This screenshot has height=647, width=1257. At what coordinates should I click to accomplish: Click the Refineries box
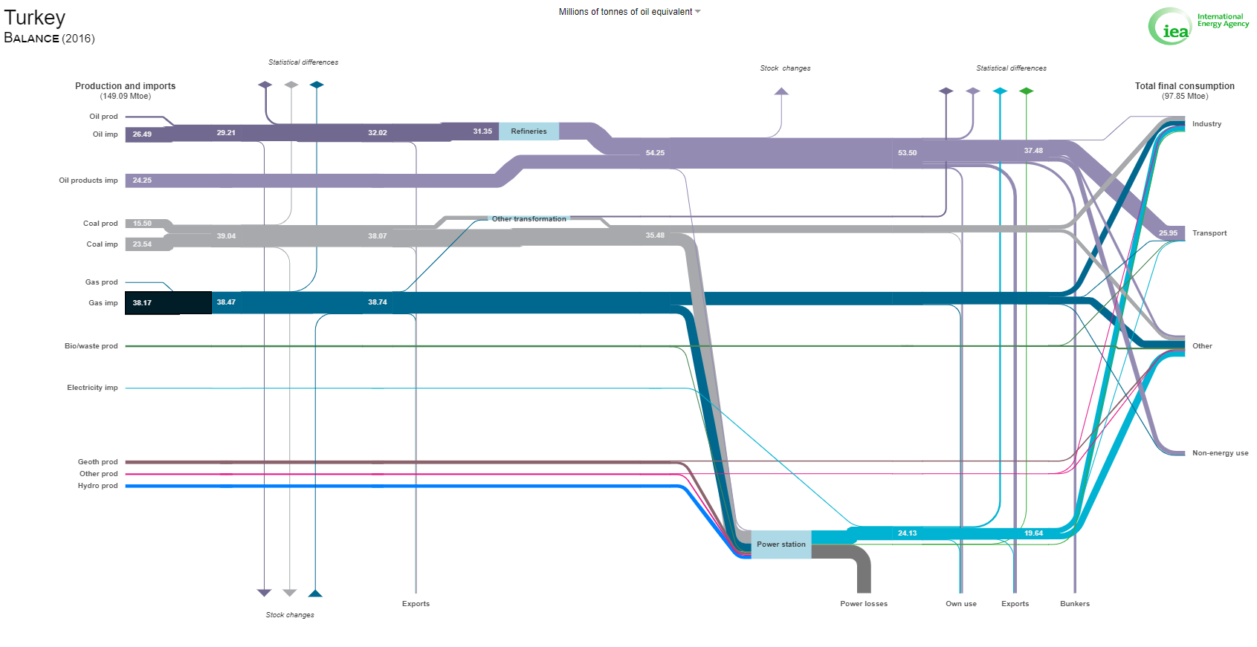click(x=529, y=131)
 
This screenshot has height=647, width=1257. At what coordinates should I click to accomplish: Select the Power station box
click(x=781, y=544)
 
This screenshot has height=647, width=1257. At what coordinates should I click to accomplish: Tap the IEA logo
click(x=1198, y=26)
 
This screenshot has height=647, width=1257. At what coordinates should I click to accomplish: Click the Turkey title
click(x=35, y=18)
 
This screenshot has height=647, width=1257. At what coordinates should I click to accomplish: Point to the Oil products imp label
click(x=88, y=181)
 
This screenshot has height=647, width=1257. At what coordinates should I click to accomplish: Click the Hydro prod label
click(x=97, y=486)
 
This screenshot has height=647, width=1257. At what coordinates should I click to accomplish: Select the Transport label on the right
click(x=1209, y=233)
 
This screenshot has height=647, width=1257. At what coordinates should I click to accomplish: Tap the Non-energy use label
click(x=1220, y=453)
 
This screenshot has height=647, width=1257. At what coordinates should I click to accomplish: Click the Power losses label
click(x=864, y=604)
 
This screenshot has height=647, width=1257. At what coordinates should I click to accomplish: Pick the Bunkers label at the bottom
click(x=1075, y=604)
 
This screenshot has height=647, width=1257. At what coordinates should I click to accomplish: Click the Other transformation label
click(x=529, y=219)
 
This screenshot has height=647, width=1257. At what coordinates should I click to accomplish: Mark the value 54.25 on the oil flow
click(x=655, y=153)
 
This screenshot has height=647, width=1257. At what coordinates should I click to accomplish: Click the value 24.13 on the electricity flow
click(x=907, y=533)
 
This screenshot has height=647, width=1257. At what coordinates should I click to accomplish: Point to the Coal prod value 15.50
click(x=142, y=224)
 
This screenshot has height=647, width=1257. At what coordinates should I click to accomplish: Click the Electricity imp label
click(x=92, y=388)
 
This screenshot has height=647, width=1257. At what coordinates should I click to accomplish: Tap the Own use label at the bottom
click(x=961, y=604)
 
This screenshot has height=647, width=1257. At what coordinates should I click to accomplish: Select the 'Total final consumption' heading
click(x=1184, y=86)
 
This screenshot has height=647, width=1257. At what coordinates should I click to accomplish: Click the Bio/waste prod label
click(x=91, y=346)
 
